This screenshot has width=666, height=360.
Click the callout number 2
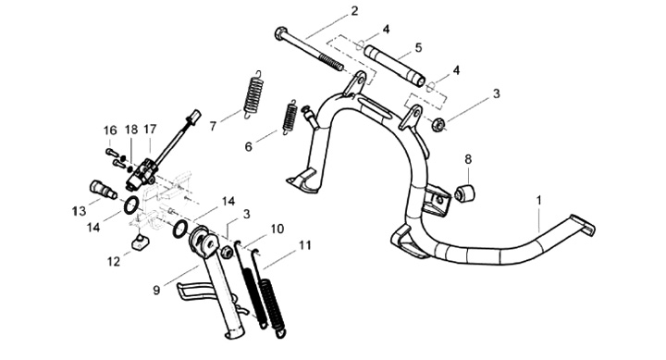click(x=354, y=10)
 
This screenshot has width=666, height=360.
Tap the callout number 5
click(x=418, y=47)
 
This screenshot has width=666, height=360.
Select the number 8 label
click(x=468, y=160)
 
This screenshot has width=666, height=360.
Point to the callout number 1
click(x=539, y=200)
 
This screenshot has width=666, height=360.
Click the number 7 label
click(x=213, y=126)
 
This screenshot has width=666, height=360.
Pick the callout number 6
click(x=249, y=147)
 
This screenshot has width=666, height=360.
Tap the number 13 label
click(x=79, y=210)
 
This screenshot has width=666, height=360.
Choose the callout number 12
click(x=114, y=261)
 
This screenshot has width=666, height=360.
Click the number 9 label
click(x=156, y=291)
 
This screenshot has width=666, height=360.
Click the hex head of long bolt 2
click(x=281, y=32)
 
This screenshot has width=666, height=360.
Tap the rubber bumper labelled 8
click(x=465, y=193)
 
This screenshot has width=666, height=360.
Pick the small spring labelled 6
click(x=290, y=118)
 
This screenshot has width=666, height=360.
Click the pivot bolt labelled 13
click(x=103, y=189)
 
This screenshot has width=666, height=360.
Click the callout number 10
click(x=277, y=230)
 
